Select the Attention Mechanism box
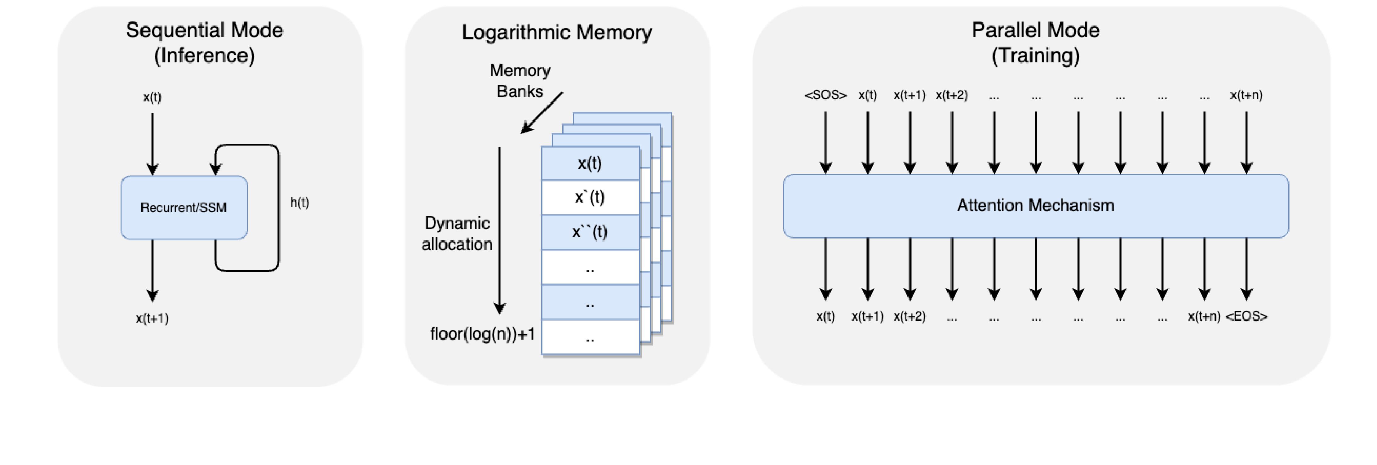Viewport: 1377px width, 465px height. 1035,205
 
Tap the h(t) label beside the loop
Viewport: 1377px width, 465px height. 299,202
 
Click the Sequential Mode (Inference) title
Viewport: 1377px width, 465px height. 204,43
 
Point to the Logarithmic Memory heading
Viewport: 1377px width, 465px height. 557,32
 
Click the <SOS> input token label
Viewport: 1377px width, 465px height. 825,95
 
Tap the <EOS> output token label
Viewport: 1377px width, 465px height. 1247,316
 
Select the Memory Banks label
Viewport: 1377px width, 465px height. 519,81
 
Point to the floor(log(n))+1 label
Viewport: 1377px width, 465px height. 482,334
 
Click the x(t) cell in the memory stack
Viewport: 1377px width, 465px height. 590,163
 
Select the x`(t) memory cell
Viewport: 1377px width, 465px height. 590,198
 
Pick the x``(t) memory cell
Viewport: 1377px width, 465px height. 590,232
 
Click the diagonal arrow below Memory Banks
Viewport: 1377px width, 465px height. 542,112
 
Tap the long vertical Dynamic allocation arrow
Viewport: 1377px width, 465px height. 500,230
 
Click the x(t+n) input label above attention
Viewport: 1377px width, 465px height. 1246,95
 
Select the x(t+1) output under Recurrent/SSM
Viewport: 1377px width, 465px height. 152,319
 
